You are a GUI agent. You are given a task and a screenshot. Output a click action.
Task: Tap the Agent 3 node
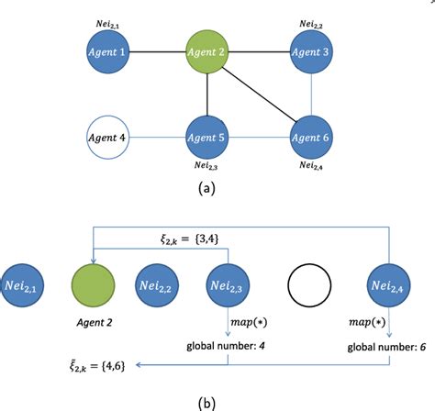(x=311, y=52)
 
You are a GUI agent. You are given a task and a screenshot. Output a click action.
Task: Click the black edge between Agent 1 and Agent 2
(x=159, y=52)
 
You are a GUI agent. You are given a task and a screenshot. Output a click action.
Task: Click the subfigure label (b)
(x=208, y=400)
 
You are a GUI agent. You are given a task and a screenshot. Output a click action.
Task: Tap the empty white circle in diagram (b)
(x=307, y=282)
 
